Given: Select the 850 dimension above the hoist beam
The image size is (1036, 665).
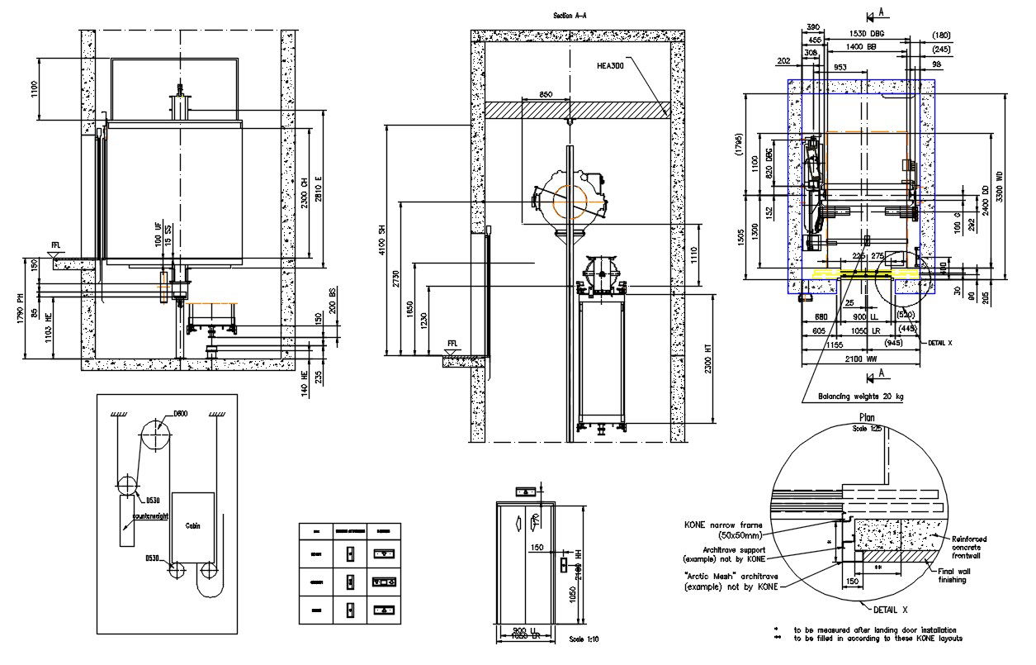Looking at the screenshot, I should coord(546,95).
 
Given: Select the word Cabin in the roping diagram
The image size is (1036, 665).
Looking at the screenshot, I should coord(192,525).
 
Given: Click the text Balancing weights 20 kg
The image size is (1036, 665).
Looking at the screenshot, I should coord(861,397).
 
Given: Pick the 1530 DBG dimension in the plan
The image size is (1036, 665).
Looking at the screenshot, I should coord(866,33).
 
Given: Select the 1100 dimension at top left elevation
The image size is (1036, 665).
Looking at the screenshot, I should coord(35,88).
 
